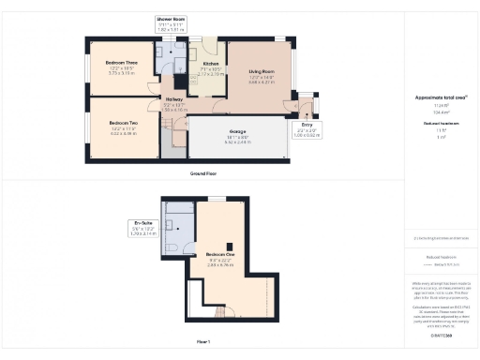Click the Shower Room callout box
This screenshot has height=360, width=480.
pos(171,23)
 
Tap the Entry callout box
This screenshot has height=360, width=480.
pos(306,128)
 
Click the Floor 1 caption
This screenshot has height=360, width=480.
pos(217,343)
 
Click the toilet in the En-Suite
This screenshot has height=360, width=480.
pos(171,247)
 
